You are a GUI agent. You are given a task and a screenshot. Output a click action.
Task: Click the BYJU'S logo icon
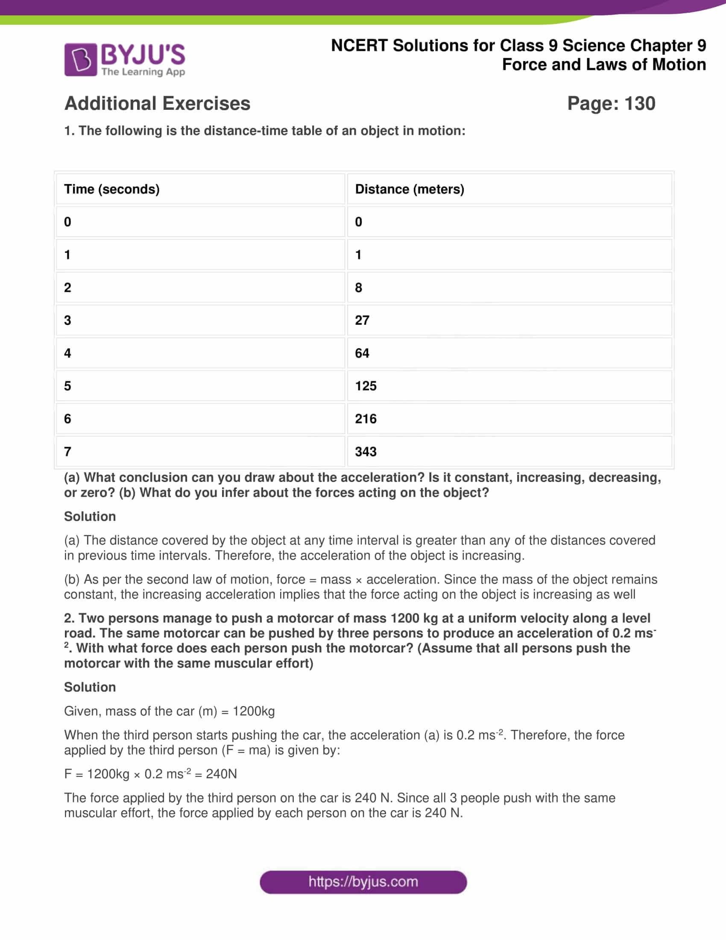pyautogui.click(x=81, y=59)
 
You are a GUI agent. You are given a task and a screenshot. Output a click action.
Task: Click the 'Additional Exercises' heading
pyautogui.click(x=157, y=103)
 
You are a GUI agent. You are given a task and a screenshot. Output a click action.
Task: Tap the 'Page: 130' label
pyautogui.click(x=611, y=103)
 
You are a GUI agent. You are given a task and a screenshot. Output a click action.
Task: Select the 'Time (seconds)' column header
pyautogui.click(x=112, y=189)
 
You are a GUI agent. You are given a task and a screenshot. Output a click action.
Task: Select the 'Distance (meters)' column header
pyautogui.click(x=410, y=189)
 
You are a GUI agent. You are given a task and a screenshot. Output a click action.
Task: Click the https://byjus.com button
pyautogui.click(x=363, y=882)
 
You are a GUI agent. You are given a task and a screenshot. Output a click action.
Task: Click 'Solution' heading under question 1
pyautogui.click(x=90, y=516)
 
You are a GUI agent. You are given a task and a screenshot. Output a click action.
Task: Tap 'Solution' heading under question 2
pyautogui.click(x=90, y=687)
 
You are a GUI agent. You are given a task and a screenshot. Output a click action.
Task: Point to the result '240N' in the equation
pyautogui.click(x=221, y=774)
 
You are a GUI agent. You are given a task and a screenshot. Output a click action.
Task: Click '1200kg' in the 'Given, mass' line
pyautogui.click(x=253, y=711)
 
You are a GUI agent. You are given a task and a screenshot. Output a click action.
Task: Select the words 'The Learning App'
pyautogui.click(x=143, y=72)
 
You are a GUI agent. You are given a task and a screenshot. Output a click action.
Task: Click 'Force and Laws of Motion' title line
pyautogui.click(x=603, y=65)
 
